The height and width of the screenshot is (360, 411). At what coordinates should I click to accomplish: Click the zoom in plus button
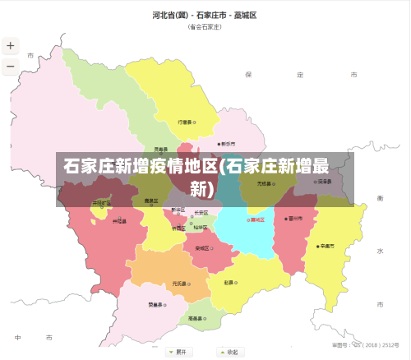(x=11, y=47)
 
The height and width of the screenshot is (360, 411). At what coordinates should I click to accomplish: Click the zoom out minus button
(x=11, y=66)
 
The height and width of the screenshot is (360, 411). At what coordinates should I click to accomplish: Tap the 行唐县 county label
(x=185, y=122)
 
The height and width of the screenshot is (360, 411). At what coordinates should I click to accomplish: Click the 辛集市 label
(x=327, y=245)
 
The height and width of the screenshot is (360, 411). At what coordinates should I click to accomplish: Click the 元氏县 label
(x=178, y=284)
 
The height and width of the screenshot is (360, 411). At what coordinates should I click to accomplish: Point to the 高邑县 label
(x=195, y=317)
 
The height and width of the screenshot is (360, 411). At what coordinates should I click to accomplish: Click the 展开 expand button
(x=177, y=352)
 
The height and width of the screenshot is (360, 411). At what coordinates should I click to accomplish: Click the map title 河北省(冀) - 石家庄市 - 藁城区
(x=205, y=15)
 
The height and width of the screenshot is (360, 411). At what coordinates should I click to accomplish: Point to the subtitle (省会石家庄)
(x=205, y=26)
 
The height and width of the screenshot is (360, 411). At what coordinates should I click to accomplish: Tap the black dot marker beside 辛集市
(x=317, y=246)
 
